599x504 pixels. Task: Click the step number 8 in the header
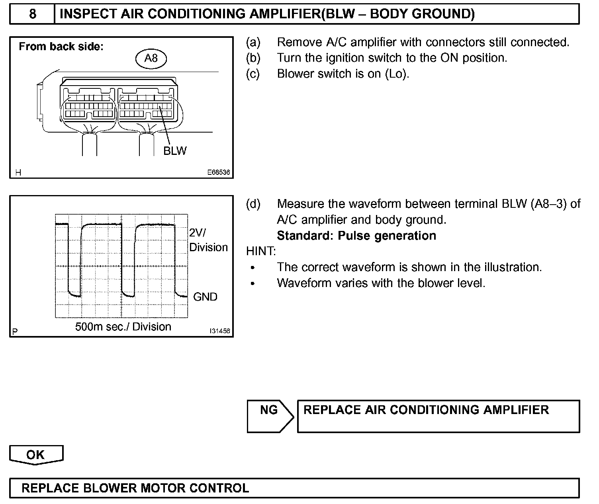click(x=32, y=14)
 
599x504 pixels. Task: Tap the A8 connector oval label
click(x=151, y=59)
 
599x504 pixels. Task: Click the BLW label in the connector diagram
click(x=175, y=151)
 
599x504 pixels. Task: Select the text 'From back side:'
click(x=61, y=47)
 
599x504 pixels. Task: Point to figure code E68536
click(x=218, y=173)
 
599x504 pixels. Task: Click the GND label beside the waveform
click(x=205, y=297)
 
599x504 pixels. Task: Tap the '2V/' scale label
click(x=198, y=233)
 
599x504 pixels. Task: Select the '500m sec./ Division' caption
click(x=123, y=327)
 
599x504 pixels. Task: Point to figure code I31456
click(x=220, y=331)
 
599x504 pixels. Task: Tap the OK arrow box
click(x=36, y=455)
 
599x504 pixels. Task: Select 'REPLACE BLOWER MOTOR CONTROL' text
click(x=135, y=488)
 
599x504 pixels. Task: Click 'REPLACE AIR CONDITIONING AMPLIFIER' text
click(x=426, y=410)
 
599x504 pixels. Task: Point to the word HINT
click(x=261, y=252)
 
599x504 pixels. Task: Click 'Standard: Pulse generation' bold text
click(x=356, y=236)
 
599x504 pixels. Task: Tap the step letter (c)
click(x=253, y=74)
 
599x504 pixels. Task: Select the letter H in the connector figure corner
click(x=18, y=172)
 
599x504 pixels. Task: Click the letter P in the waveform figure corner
click(x=15, y=331)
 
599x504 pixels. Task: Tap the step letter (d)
click(x=253, y=204)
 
